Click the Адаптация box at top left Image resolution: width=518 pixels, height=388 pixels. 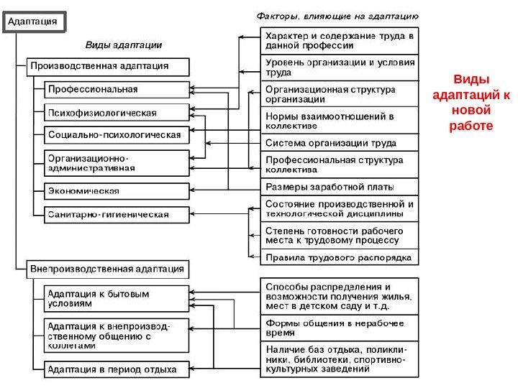pos(37,22)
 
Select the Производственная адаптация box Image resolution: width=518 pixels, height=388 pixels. pos(108,67)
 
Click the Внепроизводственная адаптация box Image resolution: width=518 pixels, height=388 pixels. pos(108,269)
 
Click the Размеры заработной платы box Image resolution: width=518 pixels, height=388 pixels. pos(339,188)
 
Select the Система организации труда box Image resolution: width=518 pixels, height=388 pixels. pos(339,142)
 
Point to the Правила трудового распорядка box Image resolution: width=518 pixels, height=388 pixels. pos(339,257)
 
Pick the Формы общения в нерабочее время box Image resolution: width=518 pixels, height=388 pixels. pos(339,328)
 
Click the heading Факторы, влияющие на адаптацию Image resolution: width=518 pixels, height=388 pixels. pos(338,14)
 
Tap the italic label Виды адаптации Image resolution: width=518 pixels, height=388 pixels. pos(124,45)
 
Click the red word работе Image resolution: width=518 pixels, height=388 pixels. pos(471,125)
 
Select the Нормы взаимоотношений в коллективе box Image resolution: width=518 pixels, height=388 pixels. pos(339,120)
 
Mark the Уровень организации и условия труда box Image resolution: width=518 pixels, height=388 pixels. pos(339,68)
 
